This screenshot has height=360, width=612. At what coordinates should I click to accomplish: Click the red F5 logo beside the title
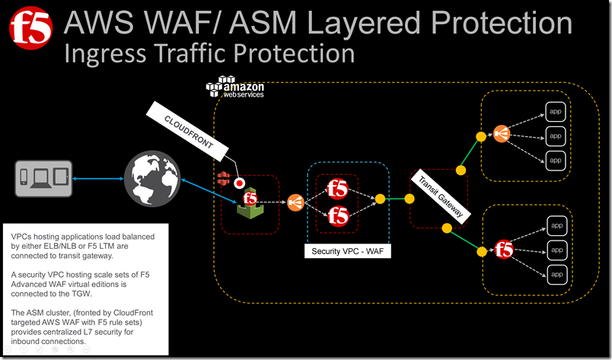pos(30,28)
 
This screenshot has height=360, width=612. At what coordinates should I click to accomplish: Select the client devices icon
pos(43,177)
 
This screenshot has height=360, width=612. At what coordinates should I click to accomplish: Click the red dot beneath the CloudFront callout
pos(239,183)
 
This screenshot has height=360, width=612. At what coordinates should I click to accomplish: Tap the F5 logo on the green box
pos(249,199)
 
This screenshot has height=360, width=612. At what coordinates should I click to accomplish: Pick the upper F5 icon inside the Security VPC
pos(338,189)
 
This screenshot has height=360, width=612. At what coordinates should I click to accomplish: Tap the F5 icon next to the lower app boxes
pos(503,249)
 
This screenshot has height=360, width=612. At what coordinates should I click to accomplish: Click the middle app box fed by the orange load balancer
pos(556,135)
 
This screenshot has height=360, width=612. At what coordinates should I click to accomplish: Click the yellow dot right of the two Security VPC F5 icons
pos(379,199)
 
